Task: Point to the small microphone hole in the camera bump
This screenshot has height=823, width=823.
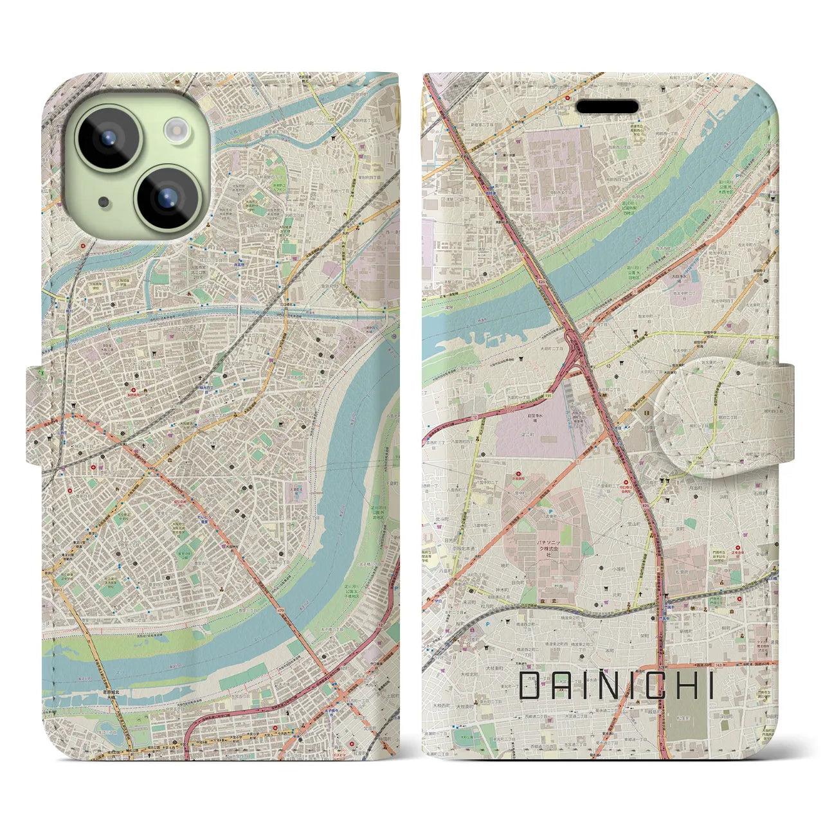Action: [x=104, y=202]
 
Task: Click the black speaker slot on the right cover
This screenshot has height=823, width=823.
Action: [x=606, y=106]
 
